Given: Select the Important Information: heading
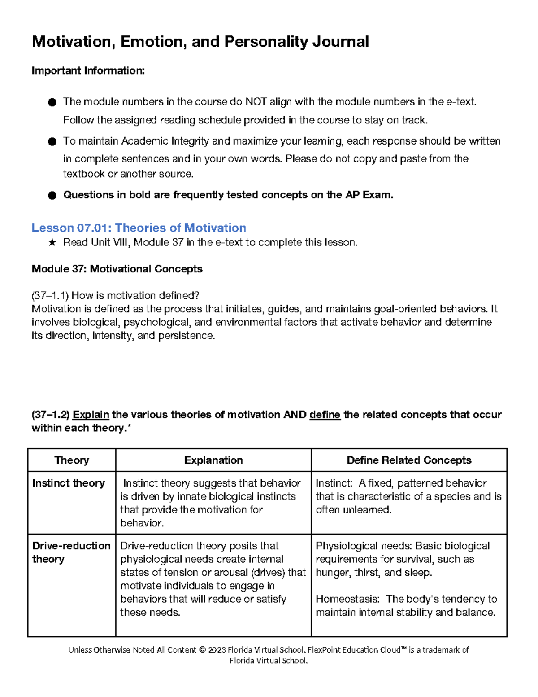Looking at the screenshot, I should point(88,70).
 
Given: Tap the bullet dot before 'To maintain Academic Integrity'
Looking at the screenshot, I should point(52,142).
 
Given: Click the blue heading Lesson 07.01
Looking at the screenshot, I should point(139,228).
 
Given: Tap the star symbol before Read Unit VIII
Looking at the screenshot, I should point(52,243).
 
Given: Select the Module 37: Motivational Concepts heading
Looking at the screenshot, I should point(117,269).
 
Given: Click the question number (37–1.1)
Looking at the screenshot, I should point(50,295).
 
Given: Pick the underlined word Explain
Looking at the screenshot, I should point(91,415).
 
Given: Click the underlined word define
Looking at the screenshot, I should point(325,415).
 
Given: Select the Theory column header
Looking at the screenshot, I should point(72,460).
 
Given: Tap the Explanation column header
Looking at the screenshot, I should point(213,460).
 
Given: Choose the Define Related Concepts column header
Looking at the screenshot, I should point(409,460).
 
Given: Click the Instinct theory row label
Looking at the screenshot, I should point(69,483).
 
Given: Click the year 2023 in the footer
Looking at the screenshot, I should point(217,650).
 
